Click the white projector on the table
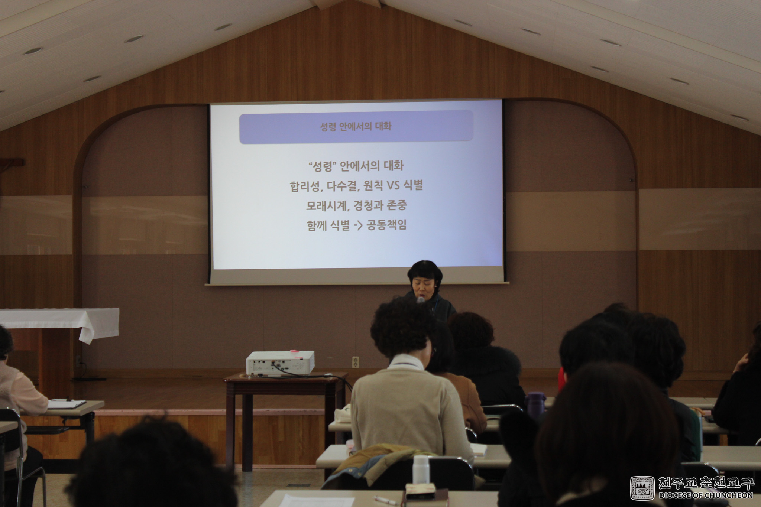click(x=280, y=363)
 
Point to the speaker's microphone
click(x=421, y=300)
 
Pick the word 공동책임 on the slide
click(x=386, y=225)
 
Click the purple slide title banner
click(x=356, y=127)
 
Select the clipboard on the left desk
click(x=67, y=404)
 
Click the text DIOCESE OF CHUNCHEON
click(x=706, y=495)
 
